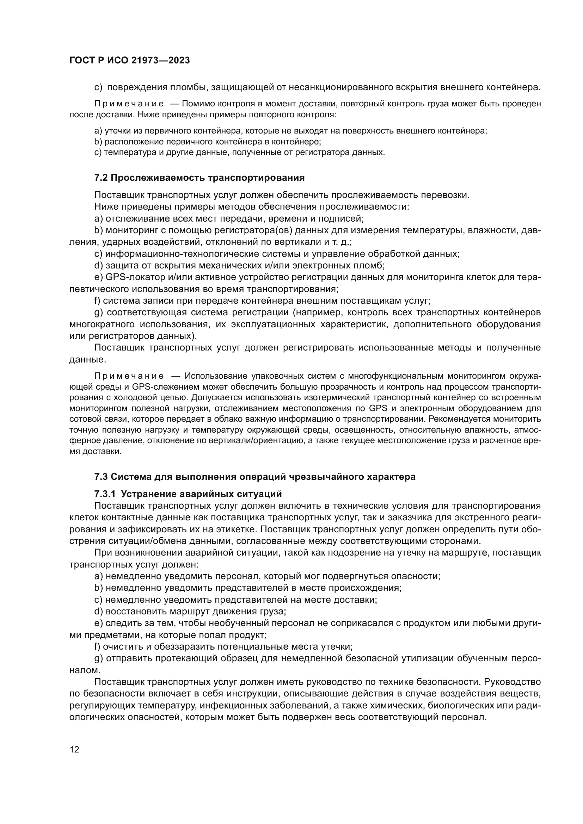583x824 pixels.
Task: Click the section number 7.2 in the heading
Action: [101, 178]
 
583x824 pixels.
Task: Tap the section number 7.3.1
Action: [105, 494]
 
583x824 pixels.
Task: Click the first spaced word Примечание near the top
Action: [129, 104]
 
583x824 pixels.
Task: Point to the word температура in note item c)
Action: [124, 152]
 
